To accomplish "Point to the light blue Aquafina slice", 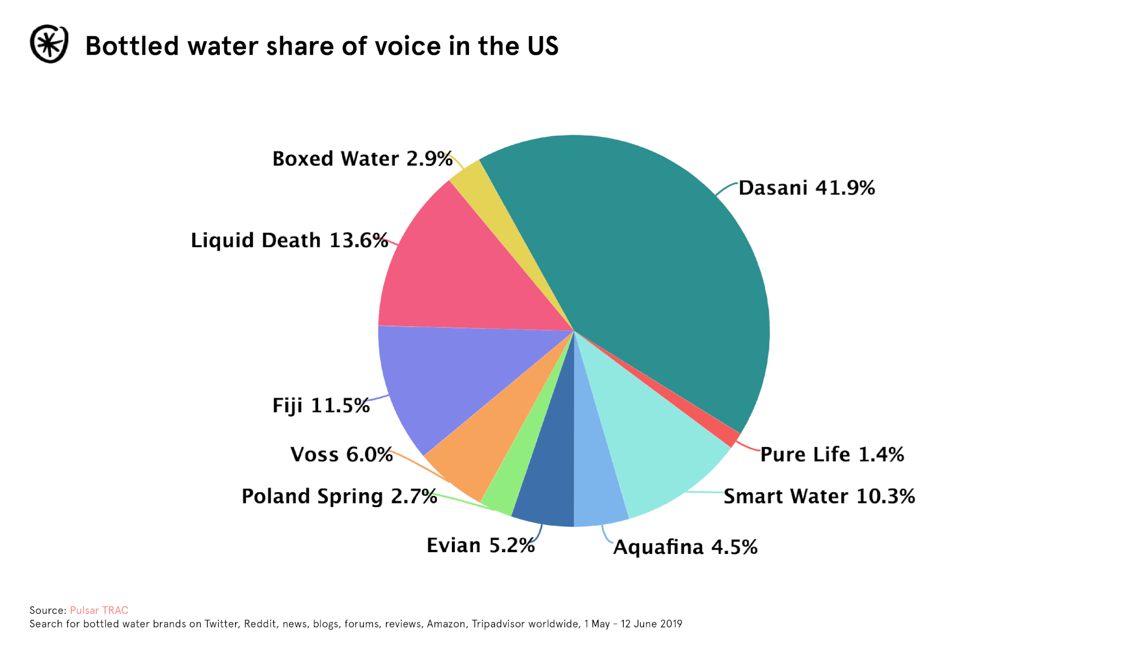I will (x=596, y=486).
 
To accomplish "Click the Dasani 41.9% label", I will (x=806, y=188).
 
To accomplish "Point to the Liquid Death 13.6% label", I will (x=289, y=240).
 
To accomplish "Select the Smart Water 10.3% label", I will (x=819, y=496).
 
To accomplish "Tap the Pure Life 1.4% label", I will (x=832, y=454).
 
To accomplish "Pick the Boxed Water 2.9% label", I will (x=362, y=159).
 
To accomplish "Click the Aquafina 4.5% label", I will (x=685, y=547).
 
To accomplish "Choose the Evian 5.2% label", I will (x=480, y=545).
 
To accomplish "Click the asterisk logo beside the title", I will (x=49, y=44).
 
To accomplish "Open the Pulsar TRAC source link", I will (x=99, y=610).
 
